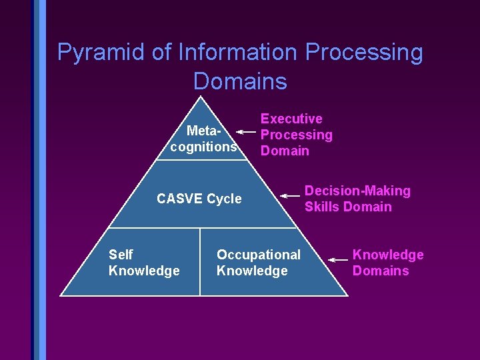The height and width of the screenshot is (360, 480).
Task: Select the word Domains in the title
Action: tap(240, 81)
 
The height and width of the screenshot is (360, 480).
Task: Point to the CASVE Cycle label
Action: tap(199, 199)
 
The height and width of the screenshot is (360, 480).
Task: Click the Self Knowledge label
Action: tap(143, 263)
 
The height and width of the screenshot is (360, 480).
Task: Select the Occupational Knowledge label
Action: tap(258, 263)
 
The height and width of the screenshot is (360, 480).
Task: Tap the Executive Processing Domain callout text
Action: tap(296, 135)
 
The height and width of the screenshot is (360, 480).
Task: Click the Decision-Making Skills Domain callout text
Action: tap(357, 199)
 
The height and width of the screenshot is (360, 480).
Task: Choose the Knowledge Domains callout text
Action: tap(387, 263)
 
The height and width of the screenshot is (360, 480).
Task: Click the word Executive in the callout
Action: tap(291, 119)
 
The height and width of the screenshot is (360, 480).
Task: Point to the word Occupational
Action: tap(258, 255)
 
